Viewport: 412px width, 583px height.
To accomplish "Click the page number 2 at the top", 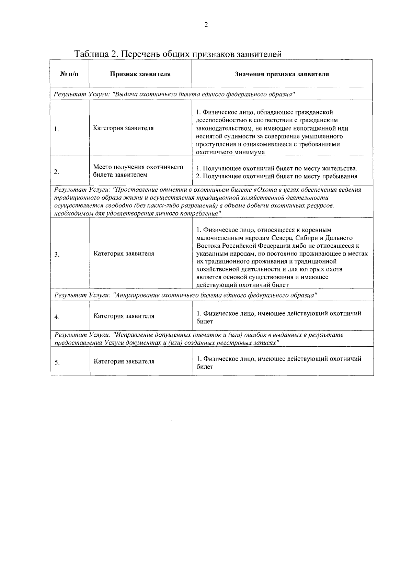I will click(x=206, y=25).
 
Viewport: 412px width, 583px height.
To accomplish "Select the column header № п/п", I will click(x=69, y=74).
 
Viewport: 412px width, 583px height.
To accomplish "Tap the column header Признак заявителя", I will click(x=140, y=74).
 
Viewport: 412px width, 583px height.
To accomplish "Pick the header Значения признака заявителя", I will click(x=282, y=74).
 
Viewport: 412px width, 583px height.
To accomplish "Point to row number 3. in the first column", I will click(x=57, y=255).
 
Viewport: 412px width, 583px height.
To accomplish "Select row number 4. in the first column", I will click(x=57, y=317).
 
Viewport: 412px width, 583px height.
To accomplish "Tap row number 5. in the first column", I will click(x=57, y=362).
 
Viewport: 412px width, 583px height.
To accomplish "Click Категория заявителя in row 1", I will click(x=124, y=128).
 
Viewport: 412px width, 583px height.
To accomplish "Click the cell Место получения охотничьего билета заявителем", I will click(x=138, y=171).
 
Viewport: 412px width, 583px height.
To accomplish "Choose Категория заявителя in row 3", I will click(x=124, y=254).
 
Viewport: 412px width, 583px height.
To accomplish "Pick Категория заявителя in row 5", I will click(x=124, y=361).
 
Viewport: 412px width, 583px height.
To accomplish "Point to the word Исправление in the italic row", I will click(x=134, y=335).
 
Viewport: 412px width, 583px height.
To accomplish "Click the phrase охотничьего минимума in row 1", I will click(x=230, y=152).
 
